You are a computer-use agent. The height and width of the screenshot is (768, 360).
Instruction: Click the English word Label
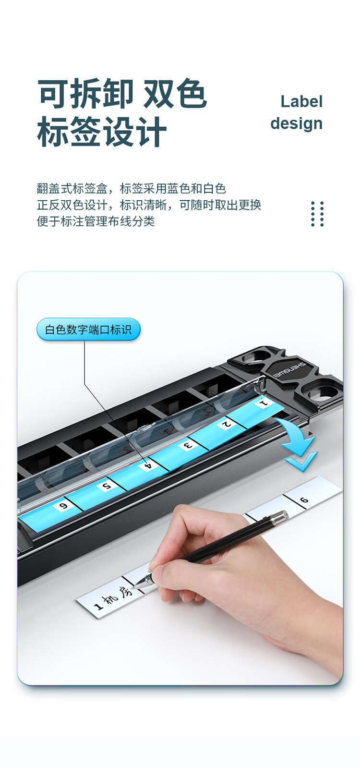[x=301, y=101]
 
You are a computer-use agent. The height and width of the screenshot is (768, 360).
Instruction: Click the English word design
[x=297, y=123]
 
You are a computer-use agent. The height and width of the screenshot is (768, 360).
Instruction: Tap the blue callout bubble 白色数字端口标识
[x=88, y=329]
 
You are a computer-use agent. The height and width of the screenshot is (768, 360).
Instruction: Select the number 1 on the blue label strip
[x=264, y=403]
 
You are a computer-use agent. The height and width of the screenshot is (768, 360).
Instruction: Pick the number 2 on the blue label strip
[x=226, y=424]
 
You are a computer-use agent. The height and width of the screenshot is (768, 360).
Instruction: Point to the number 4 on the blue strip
[x=148, y=466]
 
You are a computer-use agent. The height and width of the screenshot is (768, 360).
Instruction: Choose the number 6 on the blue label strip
[x=64, y=506]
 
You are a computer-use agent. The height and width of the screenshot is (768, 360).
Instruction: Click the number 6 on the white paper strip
[x=304, y=500]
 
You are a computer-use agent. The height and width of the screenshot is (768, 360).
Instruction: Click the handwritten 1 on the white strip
[x=99, y=606]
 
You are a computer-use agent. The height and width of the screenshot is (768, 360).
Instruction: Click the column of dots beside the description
[x=318, y=214]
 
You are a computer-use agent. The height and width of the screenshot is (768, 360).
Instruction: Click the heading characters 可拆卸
[x=85, y=93]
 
